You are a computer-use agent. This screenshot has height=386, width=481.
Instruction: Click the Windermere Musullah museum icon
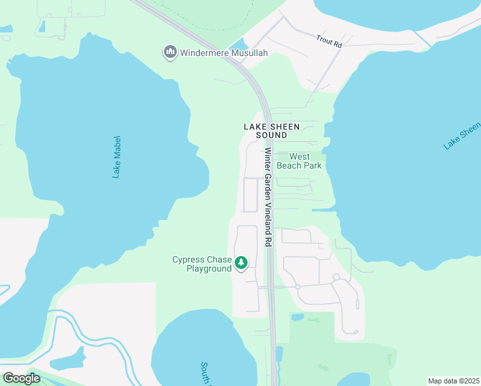click(x=170, y=51)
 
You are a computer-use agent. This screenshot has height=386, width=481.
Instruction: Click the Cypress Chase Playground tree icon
click(x=241, y=262)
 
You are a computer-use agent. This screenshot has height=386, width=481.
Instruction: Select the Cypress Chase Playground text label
click(x=201, y=264)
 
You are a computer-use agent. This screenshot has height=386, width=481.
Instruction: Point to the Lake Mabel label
click(x=116, y=156)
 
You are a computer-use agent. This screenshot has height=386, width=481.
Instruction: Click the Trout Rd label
click(x=329, y=41)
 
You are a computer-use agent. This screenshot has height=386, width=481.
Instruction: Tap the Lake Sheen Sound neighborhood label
click(x=271, y=131)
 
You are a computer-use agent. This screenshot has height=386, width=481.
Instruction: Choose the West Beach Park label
click(x=299, y=161)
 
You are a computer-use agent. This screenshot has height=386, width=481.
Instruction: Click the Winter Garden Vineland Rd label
click(x=268, y=197)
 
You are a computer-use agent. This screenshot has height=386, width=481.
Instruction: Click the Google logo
click(x=21, y=378)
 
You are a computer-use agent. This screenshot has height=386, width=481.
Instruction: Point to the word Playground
click(x=208, y=269)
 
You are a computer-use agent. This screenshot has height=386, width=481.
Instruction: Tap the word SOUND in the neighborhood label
click(x=271, y=136)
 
